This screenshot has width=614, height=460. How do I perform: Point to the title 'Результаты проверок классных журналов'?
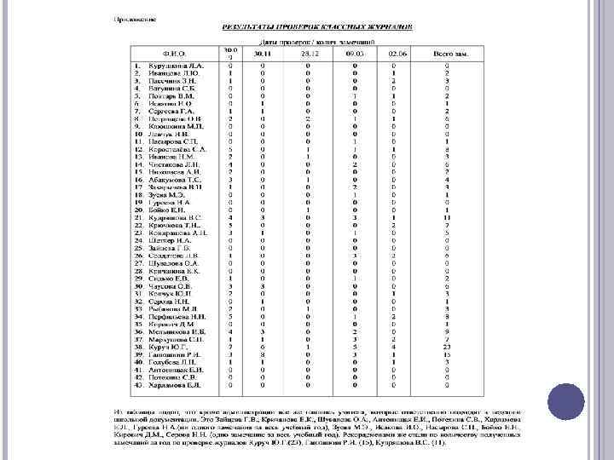pyautogui.click(x=316, y=27)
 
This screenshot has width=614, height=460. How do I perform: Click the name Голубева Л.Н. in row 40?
pyautogui.click(x=175, y=363)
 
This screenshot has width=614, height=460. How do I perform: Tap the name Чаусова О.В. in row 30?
pyautogui.click(x=174, y=286)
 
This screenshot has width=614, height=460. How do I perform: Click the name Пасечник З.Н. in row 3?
pyautogui.click(x=174, y=80)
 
